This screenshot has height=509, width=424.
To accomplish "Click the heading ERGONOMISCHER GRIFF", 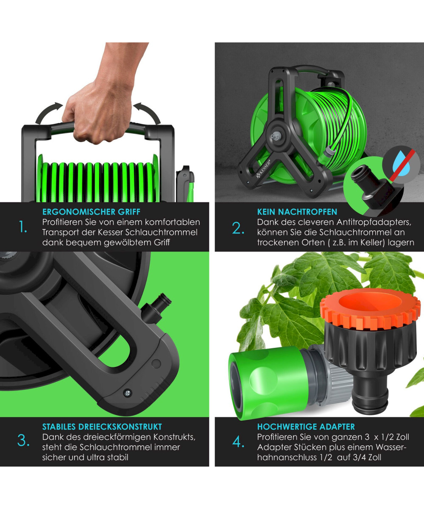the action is pos(91,212).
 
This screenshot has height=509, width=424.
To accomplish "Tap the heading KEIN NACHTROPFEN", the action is pos(297,212).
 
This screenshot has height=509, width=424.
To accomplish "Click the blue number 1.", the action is pos(22,227).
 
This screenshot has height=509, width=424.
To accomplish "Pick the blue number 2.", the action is pos(238,228).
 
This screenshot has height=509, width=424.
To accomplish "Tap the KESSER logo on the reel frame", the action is pos(263,169).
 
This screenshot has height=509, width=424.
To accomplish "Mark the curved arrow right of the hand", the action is pos(147,113).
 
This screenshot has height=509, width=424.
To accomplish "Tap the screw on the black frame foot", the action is pos(128,393).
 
